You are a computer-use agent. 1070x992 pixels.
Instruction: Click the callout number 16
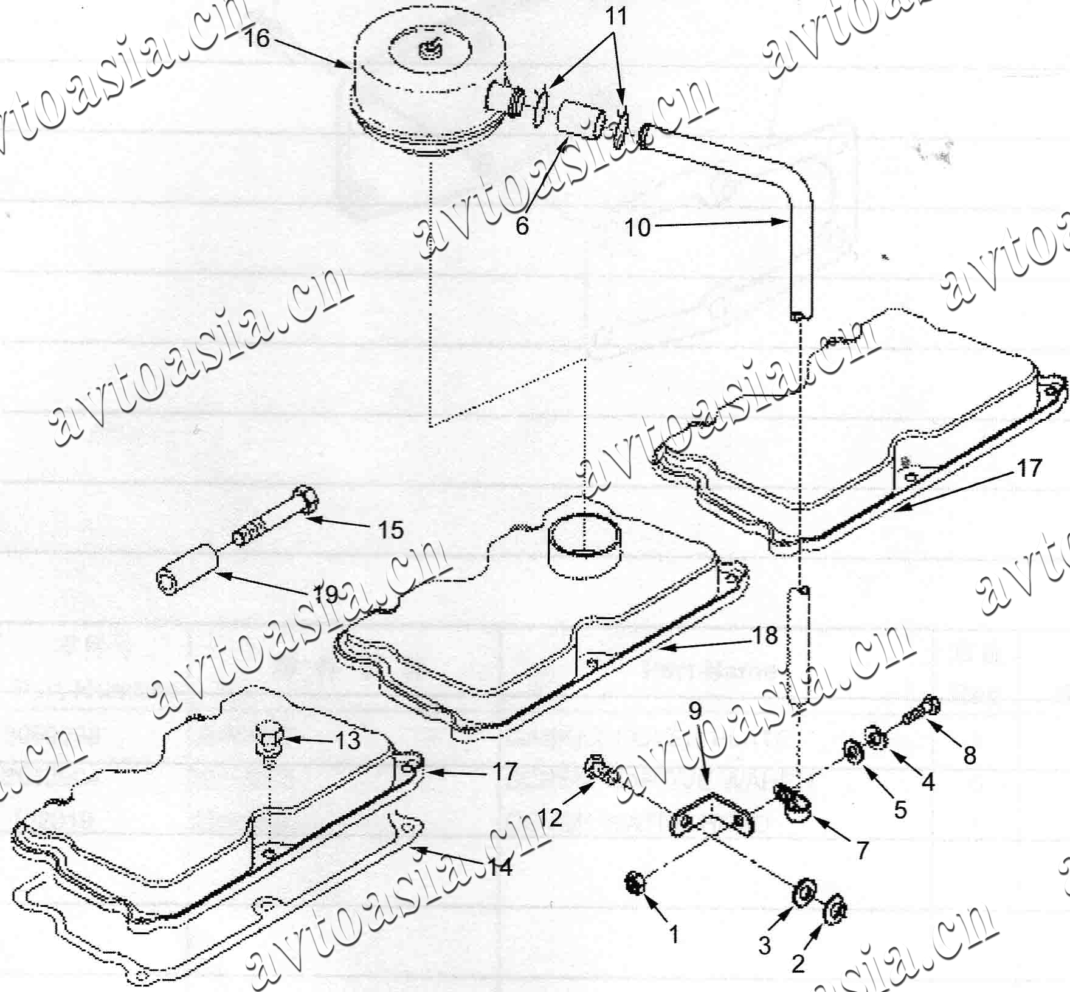(x=256, y=38)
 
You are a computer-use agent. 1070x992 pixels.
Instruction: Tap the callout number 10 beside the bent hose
(x=638, y=228)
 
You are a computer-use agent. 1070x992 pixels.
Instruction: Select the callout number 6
(x=522, y=226)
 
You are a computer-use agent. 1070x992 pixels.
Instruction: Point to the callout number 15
(x=390, y=530)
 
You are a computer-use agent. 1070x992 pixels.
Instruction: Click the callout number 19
(x=326, y=594)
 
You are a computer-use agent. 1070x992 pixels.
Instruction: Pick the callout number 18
(x=765, y=636)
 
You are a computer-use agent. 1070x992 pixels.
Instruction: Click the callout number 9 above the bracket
(x=694, y=710)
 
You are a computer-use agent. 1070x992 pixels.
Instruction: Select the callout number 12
(x=550, y=818)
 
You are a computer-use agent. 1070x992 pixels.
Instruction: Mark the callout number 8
(x=969, y=755)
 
